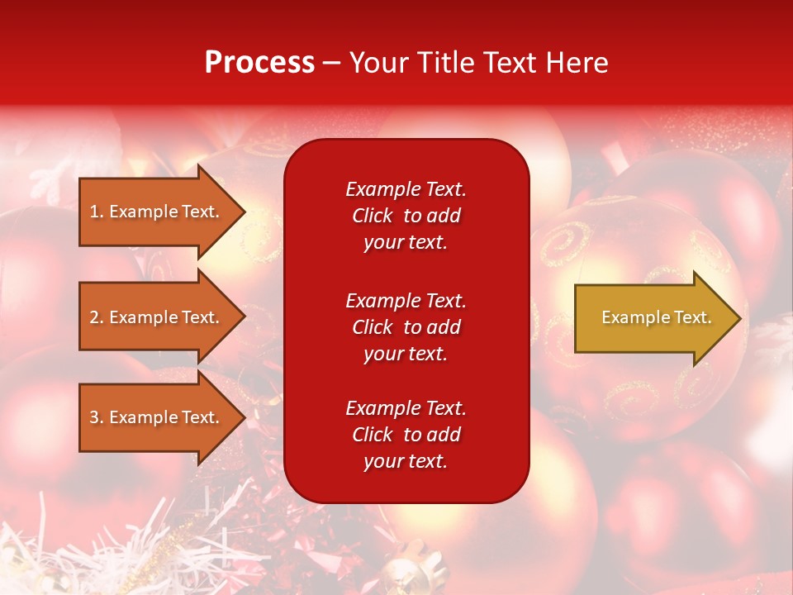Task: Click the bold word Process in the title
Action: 259,63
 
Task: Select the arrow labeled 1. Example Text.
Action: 154,212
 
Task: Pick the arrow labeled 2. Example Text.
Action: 154,317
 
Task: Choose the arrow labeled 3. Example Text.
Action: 154,417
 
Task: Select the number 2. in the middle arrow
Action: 97,317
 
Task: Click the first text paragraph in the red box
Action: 406,216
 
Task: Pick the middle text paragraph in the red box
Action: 406,327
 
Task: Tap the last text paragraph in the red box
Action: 406,435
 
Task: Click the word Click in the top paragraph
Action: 373,216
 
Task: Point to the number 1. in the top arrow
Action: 97,212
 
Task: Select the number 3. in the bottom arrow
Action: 97,417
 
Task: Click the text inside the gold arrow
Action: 657,317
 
